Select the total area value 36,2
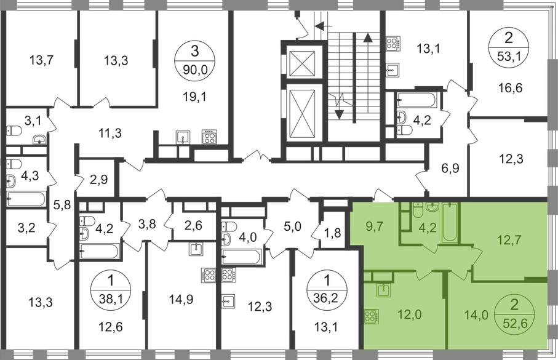pos(324,300)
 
